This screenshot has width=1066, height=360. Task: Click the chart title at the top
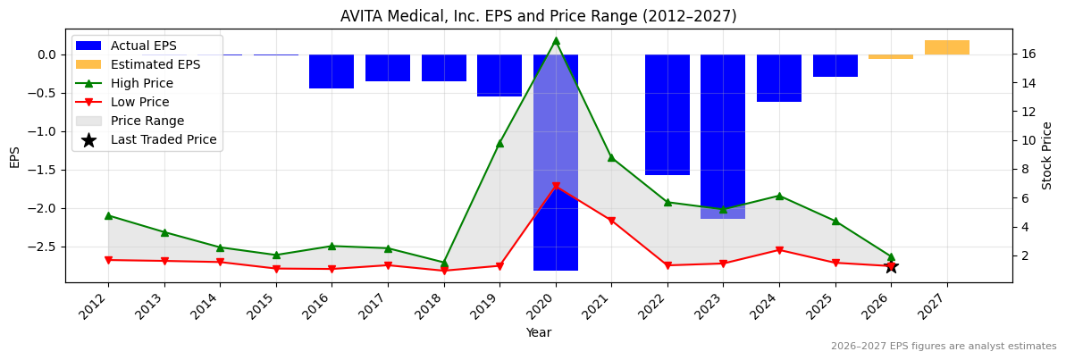point(538,16)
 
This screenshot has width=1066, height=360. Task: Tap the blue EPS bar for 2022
point(667,114)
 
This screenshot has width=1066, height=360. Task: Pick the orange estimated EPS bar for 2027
point(947,47)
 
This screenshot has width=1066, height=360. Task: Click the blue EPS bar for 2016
point(332,71)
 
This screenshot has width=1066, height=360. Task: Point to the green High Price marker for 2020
point(556,40)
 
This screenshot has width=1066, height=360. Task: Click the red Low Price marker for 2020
point(556,187)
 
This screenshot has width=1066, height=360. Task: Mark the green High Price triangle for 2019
point(499,143)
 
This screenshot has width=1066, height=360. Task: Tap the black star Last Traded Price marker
point(891,266)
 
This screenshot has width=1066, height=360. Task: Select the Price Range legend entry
point(147,121)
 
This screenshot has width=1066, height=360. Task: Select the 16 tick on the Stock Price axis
point(1028,54)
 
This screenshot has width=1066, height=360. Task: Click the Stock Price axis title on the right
point(1047,155)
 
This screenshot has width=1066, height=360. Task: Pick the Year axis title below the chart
point(538,332)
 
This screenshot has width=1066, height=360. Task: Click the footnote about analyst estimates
point(944,347)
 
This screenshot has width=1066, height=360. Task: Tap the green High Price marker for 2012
point(108,215)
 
